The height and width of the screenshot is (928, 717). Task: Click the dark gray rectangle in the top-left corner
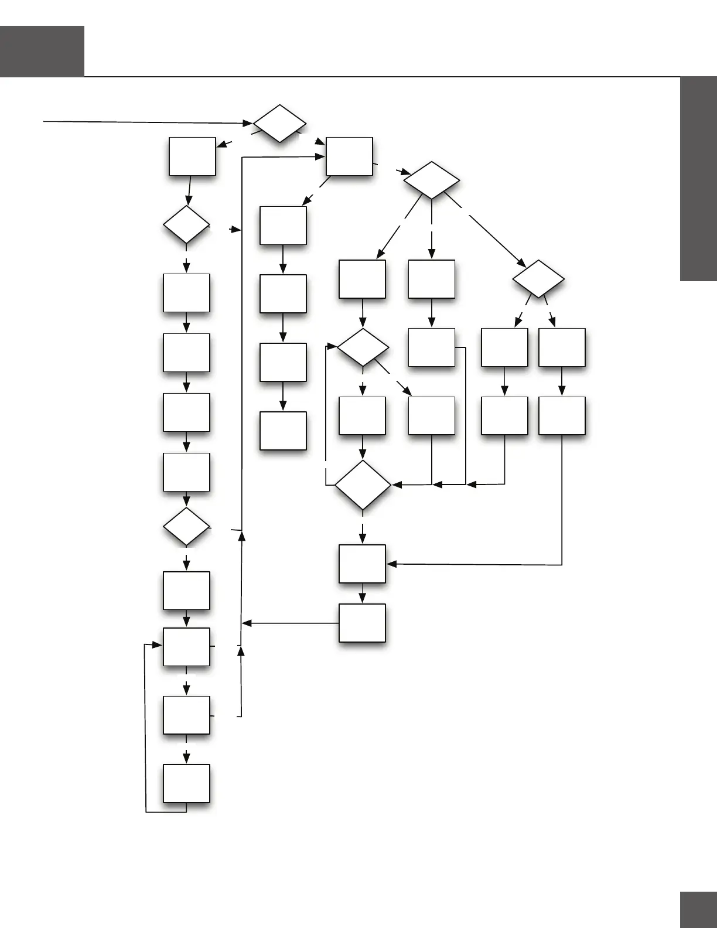point(42,51)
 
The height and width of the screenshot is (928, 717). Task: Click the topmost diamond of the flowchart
point(279,124)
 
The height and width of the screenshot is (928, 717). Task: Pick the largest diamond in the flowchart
point(363,485)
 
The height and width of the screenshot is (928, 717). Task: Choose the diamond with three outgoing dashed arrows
point(432,180)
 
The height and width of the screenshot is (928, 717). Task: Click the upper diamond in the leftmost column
point(186,224)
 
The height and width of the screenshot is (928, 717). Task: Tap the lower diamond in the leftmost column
point(186,527)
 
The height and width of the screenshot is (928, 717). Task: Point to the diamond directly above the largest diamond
point(363,347)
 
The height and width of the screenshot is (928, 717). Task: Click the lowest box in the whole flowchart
point(186,783)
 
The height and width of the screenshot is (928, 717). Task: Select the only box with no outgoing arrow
point(283,431)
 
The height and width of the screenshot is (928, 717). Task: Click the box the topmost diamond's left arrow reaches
point(192,156)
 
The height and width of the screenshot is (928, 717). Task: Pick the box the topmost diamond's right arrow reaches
point(349,156)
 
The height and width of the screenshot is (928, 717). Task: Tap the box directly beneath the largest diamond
point(362,564)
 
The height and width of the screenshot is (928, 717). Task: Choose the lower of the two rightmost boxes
point(562,416)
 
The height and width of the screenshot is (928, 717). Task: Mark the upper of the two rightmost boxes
point(562,347)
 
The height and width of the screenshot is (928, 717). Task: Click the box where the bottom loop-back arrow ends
point(186,647)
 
